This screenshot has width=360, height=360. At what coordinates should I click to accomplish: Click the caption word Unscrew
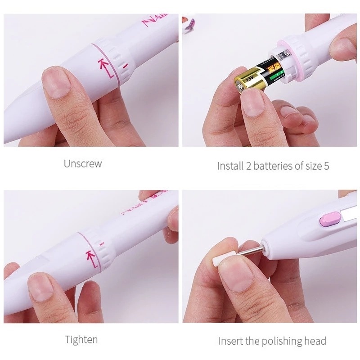point(83,164)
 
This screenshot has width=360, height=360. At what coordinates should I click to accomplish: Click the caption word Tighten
point(81,339)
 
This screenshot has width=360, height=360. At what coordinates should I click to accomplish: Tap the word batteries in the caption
point(272,166)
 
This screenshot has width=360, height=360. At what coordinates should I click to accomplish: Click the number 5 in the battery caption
point(326,166)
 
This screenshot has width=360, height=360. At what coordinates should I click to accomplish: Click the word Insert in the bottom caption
point(229,341)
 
